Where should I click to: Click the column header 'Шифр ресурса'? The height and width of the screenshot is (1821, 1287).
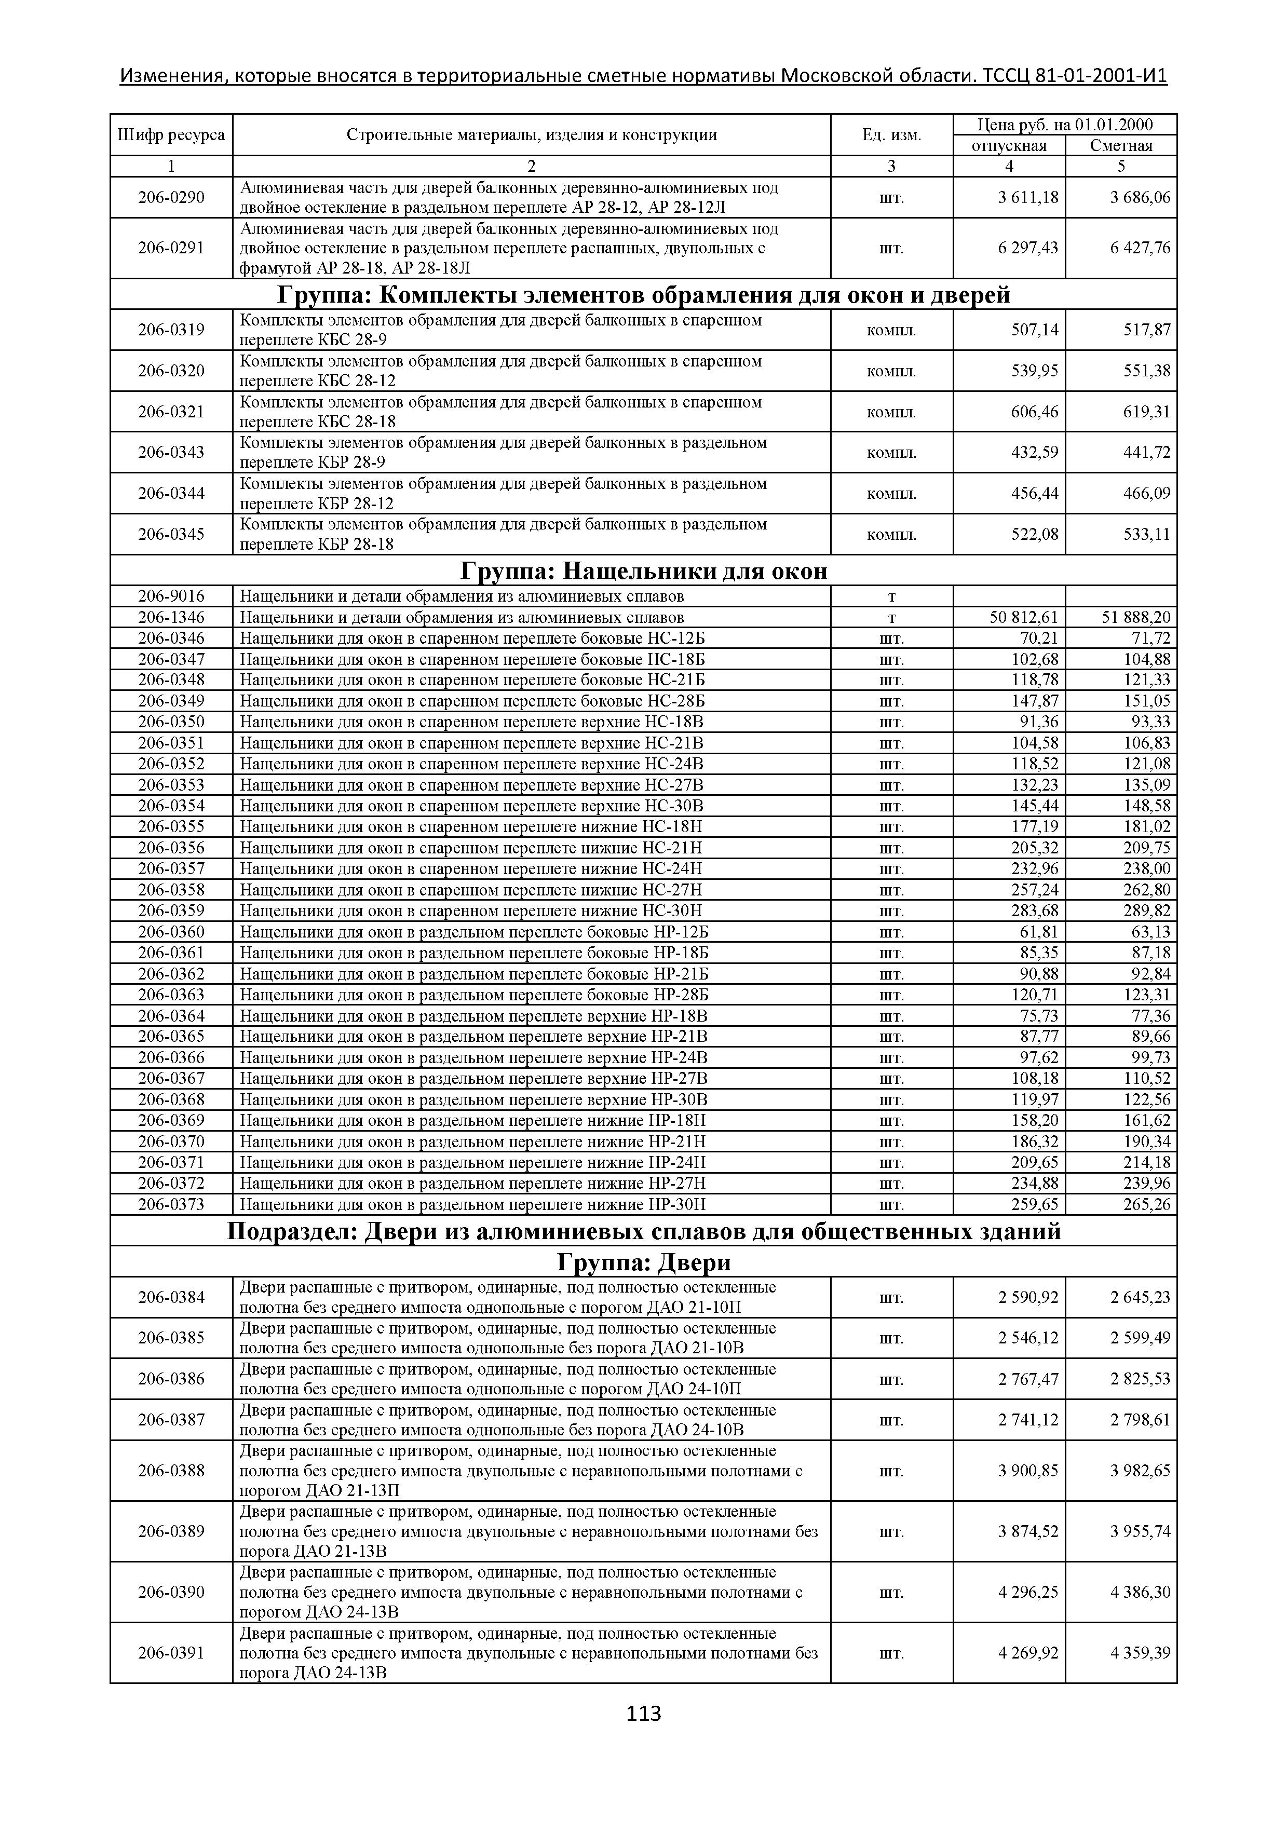coord(171,135)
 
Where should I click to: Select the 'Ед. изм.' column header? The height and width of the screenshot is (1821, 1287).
coord(891,135)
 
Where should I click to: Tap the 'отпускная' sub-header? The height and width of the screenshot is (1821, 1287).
coord(1009,146)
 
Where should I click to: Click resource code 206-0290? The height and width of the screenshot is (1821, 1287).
coord(171,197)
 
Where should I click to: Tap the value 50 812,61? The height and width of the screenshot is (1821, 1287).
coord(1024,618)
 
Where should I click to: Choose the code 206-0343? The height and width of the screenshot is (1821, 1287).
coord(171,453)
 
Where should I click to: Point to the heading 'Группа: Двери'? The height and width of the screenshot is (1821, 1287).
coord(643,1262)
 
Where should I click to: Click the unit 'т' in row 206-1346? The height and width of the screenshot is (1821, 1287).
coord(891,618)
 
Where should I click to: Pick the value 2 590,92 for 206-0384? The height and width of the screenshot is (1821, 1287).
coord(1028,1298)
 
